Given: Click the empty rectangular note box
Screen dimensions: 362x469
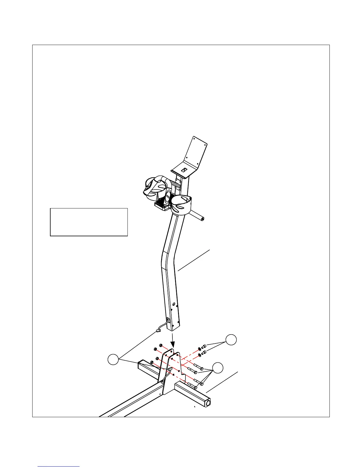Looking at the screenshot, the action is pyautogui.click(x=89, y=222).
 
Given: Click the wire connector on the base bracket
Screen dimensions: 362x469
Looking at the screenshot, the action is pyautogui.click(x=171, y=369).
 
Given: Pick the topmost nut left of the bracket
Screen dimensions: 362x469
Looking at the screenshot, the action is pyautogui.click(x=160, y=345).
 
